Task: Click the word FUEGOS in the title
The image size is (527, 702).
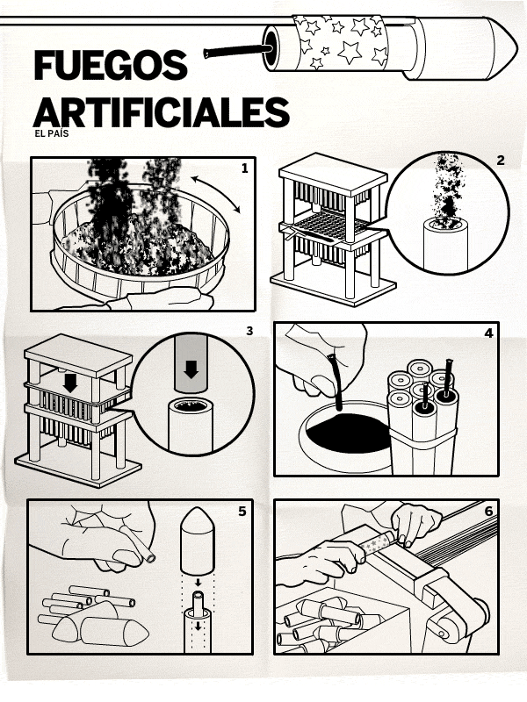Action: (x=111, y=65)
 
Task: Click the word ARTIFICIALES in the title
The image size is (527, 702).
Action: (x=162, y=112)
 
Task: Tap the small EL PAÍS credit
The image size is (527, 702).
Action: (x=52, y=133)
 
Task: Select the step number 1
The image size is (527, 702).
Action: (x=244, y=168)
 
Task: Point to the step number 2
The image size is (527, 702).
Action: (x=501, y=161)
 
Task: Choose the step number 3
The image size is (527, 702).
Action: (x=249, y=331)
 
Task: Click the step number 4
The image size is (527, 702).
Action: (x=488, y=333)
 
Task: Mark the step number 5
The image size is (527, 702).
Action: (x=242, y=512)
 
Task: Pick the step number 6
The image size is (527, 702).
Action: (x=488, y=511)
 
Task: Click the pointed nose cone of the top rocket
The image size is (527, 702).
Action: (x=502, y=48)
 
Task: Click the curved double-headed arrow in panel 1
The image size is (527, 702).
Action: (x=216, y=193)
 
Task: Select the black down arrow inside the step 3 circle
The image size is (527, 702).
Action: (x=191, y=369)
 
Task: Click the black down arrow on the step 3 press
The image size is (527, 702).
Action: (x=70, y=383)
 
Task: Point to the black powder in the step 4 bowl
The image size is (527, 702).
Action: (x=344, y=432)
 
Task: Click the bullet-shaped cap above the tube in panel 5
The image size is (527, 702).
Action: (x=197, y=541)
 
